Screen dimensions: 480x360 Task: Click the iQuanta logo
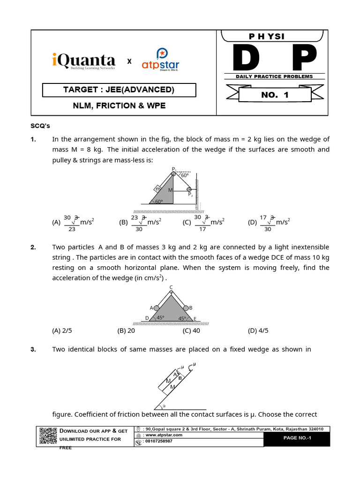[x=83, y=61]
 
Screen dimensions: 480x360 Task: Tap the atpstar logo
[x=160, y=61]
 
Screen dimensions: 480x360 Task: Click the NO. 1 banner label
[x=275, y=95]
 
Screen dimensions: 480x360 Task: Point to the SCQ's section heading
[x=40, y=126]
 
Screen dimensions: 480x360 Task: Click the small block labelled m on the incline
[x=158, y=188]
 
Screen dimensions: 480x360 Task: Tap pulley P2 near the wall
[x=189, y=189]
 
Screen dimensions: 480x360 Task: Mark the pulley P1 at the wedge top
[x=173, y=173]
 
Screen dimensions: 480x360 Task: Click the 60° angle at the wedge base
[x=158, y=201]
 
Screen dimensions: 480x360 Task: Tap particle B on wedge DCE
[x=186, y=308]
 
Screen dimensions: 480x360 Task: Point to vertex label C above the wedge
[x=171, y=287]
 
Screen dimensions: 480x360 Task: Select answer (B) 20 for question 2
[x=126, y=330]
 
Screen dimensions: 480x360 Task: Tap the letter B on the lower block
[x=180, y=377]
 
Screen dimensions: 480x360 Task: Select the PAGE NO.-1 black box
[x=297, y=439]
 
